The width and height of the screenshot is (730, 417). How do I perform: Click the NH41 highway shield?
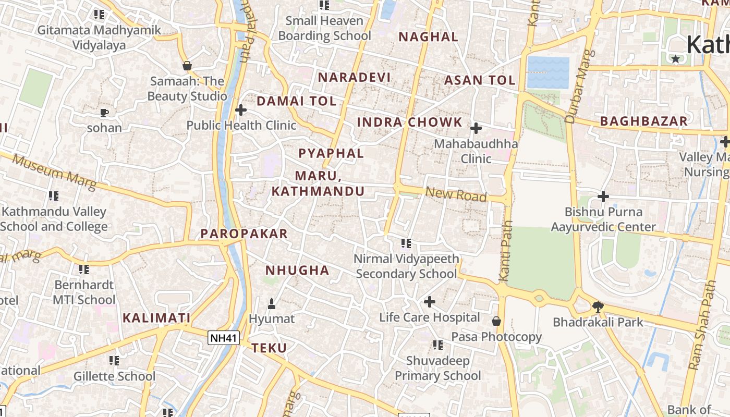[x=224, y=338]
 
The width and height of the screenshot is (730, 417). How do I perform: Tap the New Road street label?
[x=456, y=194]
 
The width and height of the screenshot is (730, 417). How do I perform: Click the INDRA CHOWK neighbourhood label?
[x=409, y=122]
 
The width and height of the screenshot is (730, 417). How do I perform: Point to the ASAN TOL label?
[x=480, y=80]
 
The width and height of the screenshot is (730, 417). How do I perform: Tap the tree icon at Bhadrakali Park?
[x=598, y=307]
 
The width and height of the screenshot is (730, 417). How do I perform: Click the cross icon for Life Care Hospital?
[x=430, y=302]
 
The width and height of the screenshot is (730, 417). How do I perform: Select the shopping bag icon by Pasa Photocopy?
[x=496, y=321]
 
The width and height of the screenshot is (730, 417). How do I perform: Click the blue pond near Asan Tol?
[x=548, y=72]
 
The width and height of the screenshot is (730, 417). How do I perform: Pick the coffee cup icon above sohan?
[x=104, y=113]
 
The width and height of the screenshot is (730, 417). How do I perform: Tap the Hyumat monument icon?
[x=271, y=303]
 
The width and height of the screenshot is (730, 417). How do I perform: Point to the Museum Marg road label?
[x=54, y=172]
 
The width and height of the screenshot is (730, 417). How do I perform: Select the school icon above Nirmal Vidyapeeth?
[x=407, y=243]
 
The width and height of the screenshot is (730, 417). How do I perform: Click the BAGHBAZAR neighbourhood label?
[x=644, y=121]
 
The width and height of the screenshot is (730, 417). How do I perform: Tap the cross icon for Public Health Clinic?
[x=241, y=110]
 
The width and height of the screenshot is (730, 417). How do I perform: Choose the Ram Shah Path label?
[x=702, y=334]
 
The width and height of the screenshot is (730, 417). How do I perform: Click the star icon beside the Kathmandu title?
[x=676, y=59]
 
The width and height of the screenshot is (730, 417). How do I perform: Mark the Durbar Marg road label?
[x=579, y=86]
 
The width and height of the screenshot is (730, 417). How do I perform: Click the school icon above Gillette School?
[x=114, y=360]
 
